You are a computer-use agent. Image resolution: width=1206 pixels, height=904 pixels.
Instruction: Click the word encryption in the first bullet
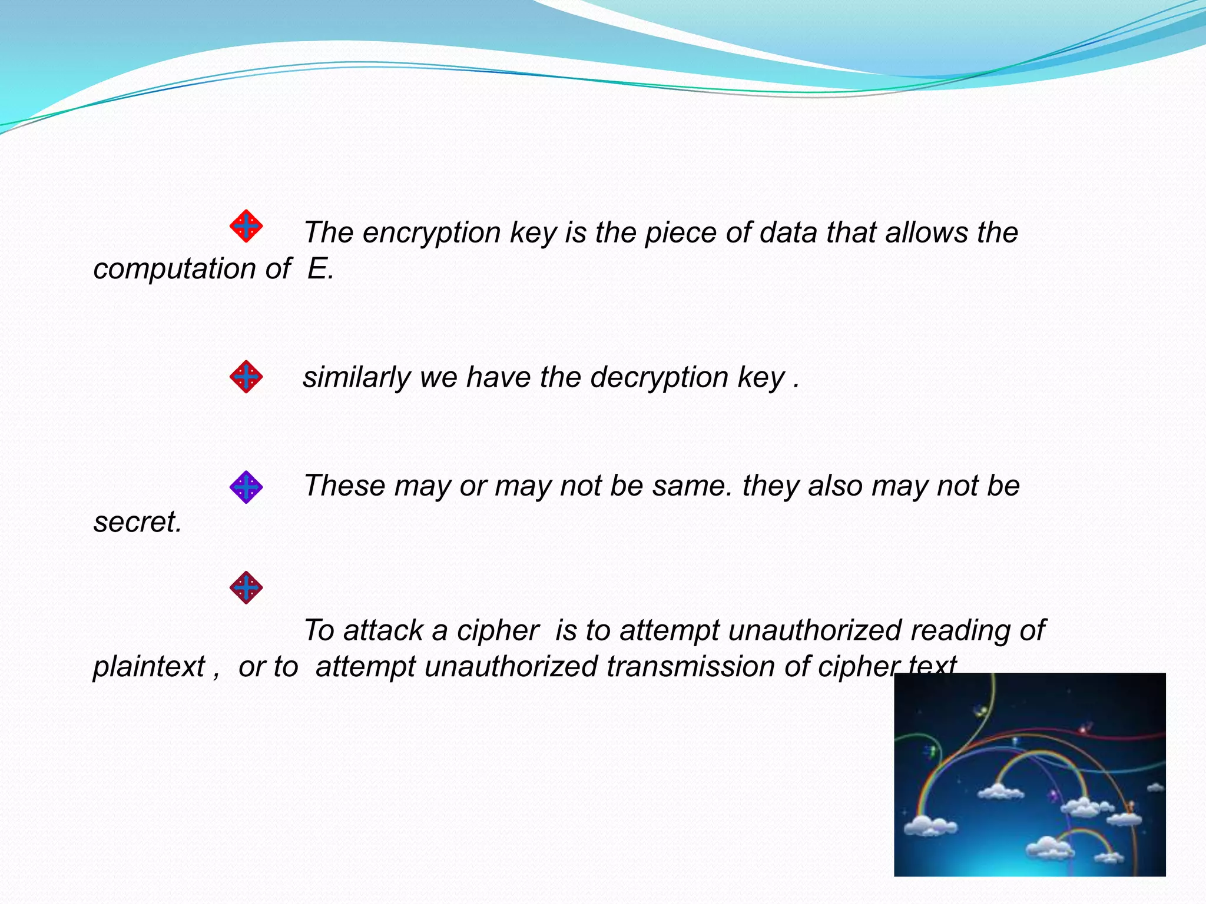pyautogui.click(x=431, y=233)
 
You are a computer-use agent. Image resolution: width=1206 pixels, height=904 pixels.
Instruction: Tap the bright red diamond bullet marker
pyautogui.click(x=246, y=226)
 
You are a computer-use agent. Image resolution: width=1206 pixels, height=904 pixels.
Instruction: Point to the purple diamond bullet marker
pyautogui.click(x=246, y=487)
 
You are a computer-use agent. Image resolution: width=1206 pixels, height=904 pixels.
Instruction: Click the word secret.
pyautogui.click(x=137, y=522)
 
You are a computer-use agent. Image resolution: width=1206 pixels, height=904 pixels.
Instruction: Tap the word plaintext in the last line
pyautogui.click(x=149, y=667)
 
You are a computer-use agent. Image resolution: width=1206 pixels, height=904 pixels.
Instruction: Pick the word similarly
pyautogui.click(x=356, y=378)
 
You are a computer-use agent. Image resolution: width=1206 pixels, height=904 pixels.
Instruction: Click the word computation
pyautogui.click(x=174, y=269)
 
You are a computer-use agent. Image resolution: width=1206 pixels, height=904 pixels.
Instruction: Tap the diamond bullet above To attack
pyautogui.click(x=246, y=587)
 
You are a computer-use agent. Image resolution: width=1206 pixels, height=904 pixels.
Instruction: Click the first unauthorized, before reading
pyautogui.click(x=814, y=631)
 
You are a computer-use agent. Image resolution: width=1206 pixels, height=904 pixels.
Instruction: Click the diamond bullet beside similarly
pyautogui.click(x=246, y=377)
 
